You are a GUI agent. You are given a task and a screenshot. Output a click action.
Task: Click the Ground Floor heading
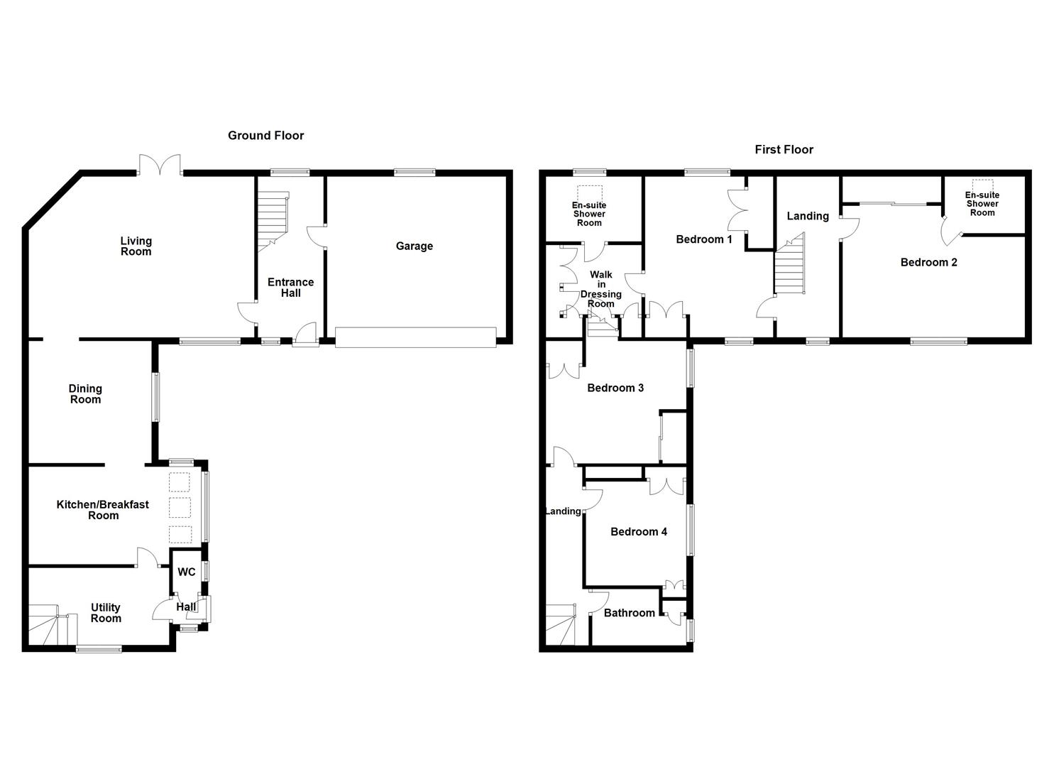[x=265, y=136]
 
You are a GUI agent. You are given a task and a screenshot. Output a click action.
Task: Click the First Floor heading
[x=784, y=150]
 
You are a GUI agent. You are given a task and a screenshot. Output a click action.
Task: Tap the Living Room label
[x=136, y=246]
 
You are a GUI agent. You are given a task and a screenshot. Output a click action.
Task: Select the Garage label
[x=414, y=246]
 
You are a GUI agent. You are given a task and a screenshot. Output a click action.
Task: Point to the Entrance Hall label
[x=290, y=288]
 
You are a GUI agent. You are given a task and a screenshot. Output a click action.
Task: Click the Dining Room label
[x=85, y=394]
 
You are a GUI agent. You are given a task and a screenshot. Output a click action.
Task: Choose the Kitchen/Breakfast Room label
[x=103, y=510]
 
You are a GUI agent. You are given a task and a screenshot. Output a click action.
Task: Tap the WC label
[x=186, y=572]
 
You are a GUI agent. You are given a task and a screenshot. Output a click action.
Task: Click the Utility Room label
[x=106, y=613]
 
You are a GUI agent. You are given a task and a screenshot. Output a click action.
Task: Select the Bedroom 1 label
[x=703, y=239]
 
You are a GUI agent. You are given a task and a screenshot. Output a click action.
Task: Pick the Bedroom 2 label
[x=928, y=263]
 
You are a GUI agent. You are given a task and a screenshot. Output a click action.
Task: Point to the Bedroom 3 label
[x=615, y=388]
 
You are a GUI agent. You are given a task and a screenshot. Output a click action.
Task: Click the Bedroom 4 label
[x=638, y=532]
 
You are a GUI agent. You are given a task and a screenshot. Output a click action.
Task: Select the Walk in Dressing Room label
[x=600, y=289]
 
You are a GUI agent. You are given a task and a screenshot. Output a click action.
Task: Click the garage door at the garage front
[x=415, y=337]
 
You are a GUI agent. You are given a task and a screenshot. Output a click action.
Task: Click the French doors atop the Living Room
[x=160, y=165]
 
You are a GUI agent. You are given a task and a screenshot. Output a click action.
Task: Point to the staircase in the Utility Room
[x=52, y=625]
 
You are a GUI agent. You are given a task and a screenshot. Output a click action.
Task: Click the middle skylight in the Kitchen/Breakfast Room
[x=180, y=508]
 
